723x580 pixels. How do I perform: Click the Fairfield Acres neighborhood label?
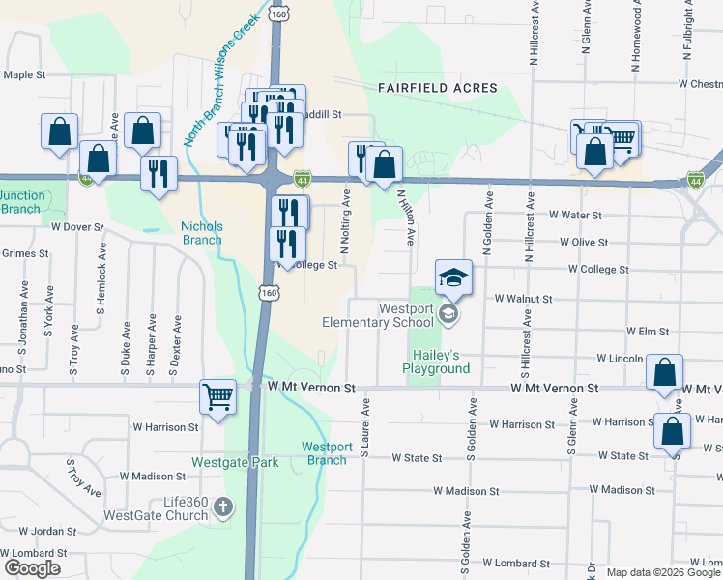click(x=438, y=88)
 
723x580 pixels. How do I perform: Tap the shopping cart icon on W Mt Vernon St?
click(x=218, y=395)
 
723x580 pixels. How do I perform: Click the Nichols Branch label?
click(x=202, y=233)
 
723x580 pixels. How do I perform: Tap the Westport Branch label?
click(x=327, y=453)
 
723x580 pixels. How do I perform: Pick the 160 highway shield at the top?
click(x=279, y=14)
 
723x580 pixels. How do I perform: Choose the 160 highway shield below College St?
click(x=266, y=291)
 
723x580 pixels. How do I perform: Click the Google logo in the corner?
click(x=32, y=568)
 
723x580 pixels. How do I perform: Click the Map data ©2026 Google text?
click(x=662, y=572)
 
